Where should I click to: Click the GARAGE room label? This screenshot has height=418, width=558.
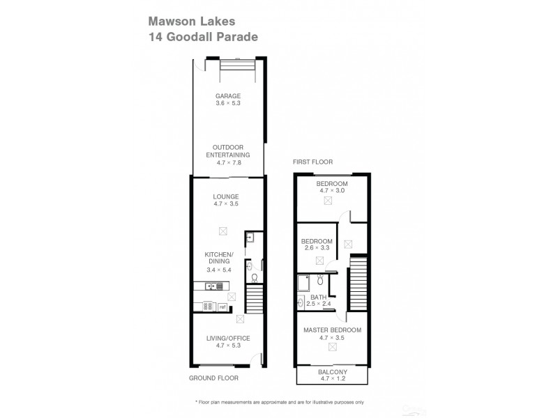[x=228, y=95]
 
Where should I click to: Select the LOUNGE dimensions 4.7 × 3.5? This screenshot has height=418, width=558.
[x=226, y=204]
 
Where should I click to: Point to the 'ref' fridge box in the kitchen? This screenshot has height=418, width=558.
[x=223, y=306]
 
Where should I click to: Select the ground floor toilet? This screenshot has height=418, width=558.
[x=254, y=277]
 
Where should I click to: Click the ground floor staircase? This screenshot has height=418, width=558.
[x=255, y=301]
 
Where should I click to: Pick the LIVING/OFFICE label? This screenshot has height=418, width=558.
[x=228, y=338]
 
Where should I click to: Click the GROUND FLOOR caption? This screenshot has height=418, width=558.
[x=213, y=378]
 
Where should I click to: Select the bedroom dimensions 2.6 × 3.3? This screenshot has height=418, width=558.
[x=317, y=247]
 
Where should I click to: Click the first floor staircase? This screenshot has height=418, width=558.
[x=358, y=285]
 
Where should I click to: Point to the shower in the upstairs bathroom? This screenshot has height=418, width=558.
[x=304, y=281]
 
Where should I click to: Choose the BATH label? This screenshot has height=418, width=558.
[x=318, y=297]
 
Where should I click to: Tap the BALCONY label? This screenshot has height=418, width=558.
[x=332, y=372]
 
